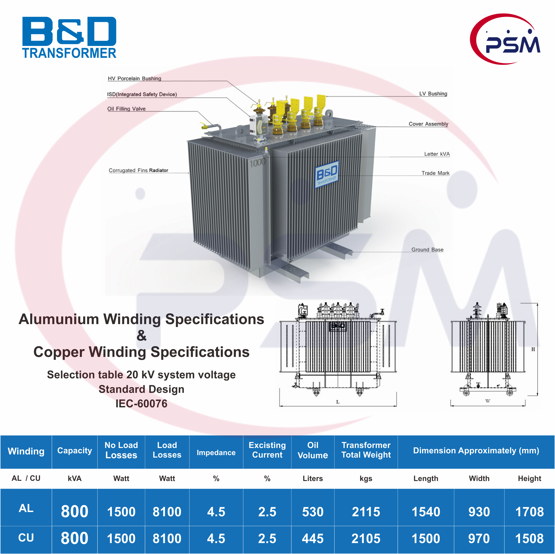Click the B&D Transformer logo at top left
[69, 37]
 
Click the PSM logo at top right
[505, 39]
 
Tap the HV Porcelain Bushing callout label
[135, 78]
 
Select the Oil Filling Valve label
[126, 109]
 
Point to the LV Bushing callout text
[433, 94]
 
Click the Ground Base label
[427, 250]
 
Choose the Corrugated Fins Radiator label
[139, 170]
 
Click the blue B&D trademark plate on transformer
[327, 174]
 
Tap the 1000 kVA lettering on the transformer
[257, 162]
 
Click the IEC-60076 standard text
[141, 404]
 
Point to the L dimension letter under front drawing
[338, 402]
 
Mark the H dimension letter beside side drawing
[533, 349]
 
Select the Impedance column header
[216, 453]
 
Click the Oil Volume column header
[313, 450]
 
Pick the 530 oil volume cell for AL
[313, 512]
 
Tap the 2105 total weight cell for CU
[366, 539]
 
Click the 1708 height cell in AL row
[530, 512]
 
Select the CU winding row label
[26, 538]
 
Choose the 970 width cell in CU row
[479, 539]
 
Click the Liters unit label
[313, 479]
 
